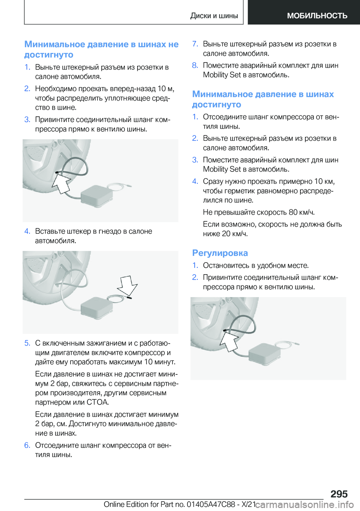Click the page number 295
pos(339,494)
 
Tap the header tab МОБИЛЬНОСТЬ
pos(317,16)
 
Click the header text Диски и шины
pos(214,16)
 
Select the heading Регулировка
pos(220,253)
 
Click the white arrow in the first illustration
pos(61,183)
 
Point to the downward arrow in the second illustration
pos(127,286)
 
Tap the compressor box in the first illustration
pos(97,195)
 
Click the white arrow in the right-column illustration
pos(229,341)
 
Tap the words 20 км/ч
pos(235,234)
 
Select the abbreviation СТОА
pos(97,402)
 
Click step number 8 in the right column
pos(195,65)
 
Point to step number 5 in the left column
pos(27,343)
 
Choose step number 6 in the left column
pos(27,445)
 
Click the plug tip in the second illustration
pos(129,298)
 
